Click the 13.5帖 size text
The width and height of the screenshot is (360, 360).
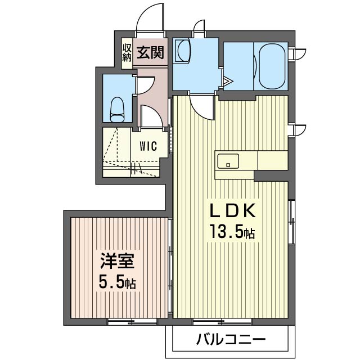point(232,231)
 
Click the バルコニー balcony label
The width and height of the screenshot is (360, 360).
point(231,340)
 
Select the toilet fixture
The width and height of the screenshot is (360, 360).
point(118,108)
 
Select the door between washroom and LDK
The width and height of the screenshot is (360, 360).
point(201,107)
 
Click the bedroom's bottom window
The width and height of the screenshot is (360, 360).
point(133,322)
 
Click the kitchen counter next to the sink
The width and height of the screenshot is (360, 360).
point(273,160)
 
